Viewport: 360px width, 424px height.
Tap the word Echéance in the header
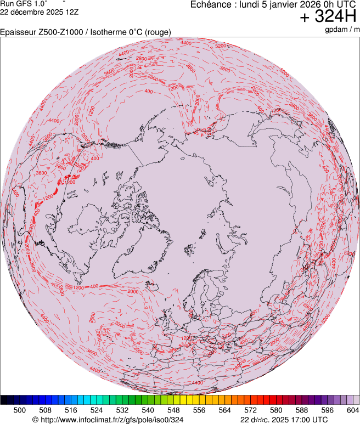[210, 5]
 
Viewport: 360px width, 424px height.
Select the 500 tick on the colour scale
[20, 410]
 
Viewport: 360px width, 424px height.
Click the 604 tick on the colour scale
[353, 410]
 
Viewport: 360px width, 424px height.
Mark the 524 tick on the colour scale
[97, 410]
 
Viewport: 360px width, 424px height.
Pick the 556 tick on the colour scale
[199, 410]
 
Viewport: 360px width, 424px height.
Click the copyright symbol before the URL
[35, 420]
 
